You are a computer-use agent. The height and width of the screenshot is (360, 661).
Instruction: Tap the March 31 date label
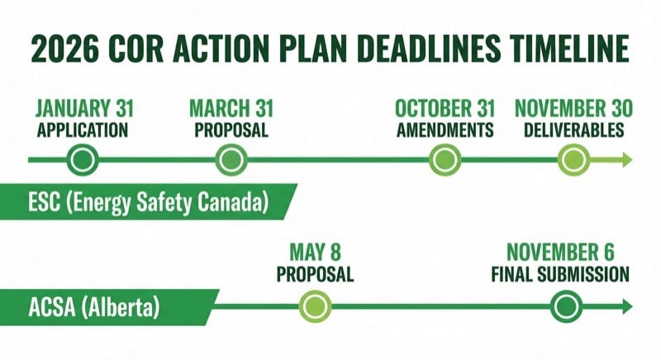click(x=231, y=108)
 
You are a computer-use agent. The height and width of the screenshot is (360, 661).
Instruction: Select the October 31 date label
click(x=445, y=108)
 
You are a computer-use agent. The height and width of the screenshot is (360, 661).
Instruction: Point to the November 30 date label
click(x=573, y=108)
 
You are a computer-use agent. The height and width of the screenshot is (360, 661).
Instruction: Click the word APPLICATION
click(x=83, y=130)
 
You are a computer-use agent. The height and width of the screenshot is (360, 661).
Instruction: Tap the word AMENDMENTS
click(x=445, y=130)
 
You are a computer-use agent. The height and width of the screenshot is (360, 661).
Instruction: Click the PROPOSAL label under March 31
click(x=231, y=130)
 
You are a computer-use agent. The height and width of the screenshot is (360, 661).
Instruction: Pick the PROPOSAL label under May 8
click(x=315, y=274)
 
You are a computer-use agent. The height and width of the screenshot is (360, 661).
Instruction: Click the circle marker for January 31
click(x=82, y=159)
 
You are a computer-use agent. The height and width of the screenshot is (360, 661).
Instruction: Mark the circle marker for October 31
click(x=445, y=159)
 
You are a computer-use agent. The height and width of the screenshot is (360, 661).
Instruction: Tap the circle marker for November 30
click(x=572, y=159)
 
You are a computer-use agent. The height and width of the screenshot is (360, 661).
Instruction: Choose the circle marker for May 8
click(x=314, y=306)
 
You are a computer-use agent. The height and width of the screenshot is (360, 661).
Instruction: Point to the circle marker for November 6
click(x=565, y=306)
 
